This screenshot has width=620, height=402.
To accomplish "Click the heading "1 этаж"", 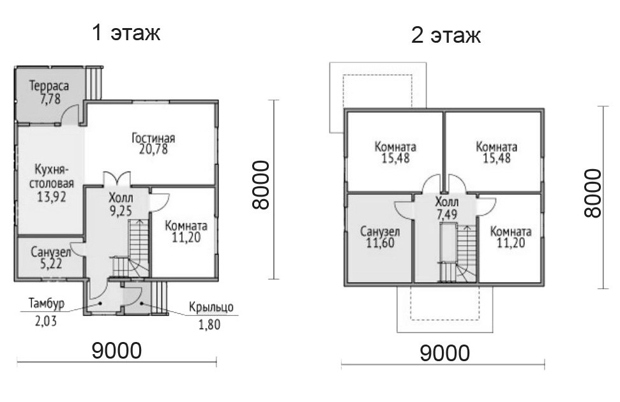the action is click(x=126, y=33).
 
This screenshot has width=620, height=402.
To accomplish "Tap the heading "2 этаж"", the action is click(x=446, y=36).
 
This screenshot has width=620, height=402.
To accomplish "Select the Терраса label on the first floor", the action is click(x=49, y=86).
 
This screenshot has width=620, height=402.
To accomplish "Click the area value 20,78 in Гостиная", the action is click(x=153, y=149).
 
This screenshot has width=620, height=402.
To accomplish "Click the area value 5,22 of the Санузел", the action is click(x=52, y=264).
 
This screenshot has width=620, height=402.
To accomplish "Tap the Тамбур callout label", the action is click(x=46, y=304).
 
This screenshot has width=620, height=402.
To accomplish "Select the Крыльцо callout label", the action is click(x=211, y=307).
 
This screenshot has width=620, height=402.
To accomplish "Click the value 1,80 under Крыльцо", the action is click(x=209, y=325).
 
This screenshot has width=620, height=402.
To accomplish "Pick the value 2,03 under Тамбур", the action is click(x=46, y=320).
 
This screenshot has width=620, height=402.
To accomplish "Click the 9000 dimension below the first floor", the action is click(x=117, y=350).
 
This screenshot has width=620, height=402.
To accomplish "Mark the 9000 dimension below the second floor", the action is click(x=445, y=353).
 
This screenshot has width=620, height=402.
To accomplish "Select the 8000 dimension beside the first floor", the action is click(x=261, y=184).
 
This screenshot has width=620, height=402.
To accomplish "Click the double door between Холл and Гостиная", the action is click(x=117, y=179).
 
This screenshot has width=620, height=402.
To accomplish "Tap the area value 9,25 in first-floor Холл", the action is click(x=121, y=211).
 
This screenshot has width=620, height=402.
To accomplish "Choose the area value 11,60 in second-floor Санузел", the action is click(x=380, y=242).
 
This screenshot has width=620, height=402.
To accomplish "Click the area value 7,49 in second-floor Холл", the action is click(x=447, y=214).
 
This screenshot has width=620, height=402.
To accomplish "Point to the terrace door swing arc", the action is click(x=69, y=113).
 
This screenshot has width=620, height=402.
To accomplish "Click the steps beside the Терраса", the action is click(x=95, y=82).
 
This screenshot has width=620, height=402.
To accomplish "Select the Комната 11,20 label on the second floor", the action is click(x=510, y=237).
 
